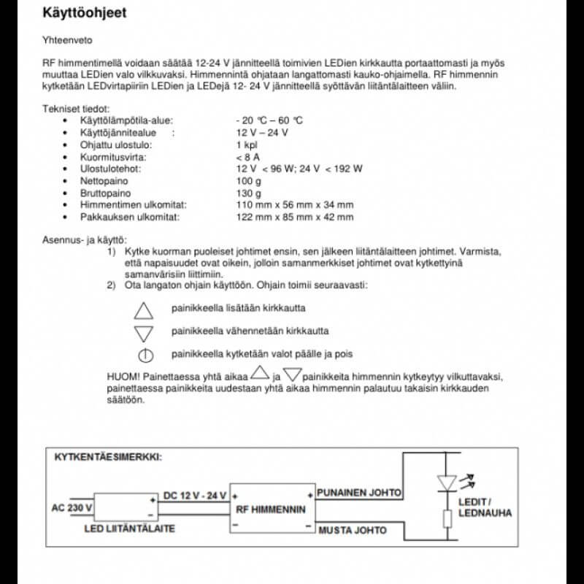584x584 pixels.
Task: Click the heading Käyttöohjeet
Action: [x=87, y=13]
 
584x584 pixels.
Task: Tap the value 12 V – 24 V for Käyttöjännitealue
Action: [x=262, y=132]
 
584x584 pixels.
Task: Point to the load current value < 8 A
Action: [x=248, y=157]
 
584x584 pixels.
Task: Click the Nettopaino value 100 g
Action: [x=247, y=181]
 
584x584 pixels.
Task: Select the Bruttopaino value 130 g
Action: [x=247, y=193]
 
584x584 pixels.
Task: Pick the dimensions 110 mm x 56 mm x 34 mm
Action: [x=294, y=205]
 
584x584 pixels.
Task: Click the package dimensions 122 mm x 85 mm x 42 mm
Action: [x=294, y=217]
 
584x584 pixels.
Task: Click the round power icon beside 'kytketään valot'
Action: [x=145, y=356]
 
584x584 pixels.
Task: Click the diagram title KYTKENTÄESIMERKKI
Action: [x=108, y=458]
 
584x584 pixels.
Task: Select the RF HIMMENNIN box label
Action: [x=272, y=510]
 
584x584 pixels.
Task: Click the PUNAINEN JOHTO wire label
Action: [x=358, y=493]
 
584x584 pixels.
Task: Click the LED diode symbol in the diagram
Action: [x=446, y=483]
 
